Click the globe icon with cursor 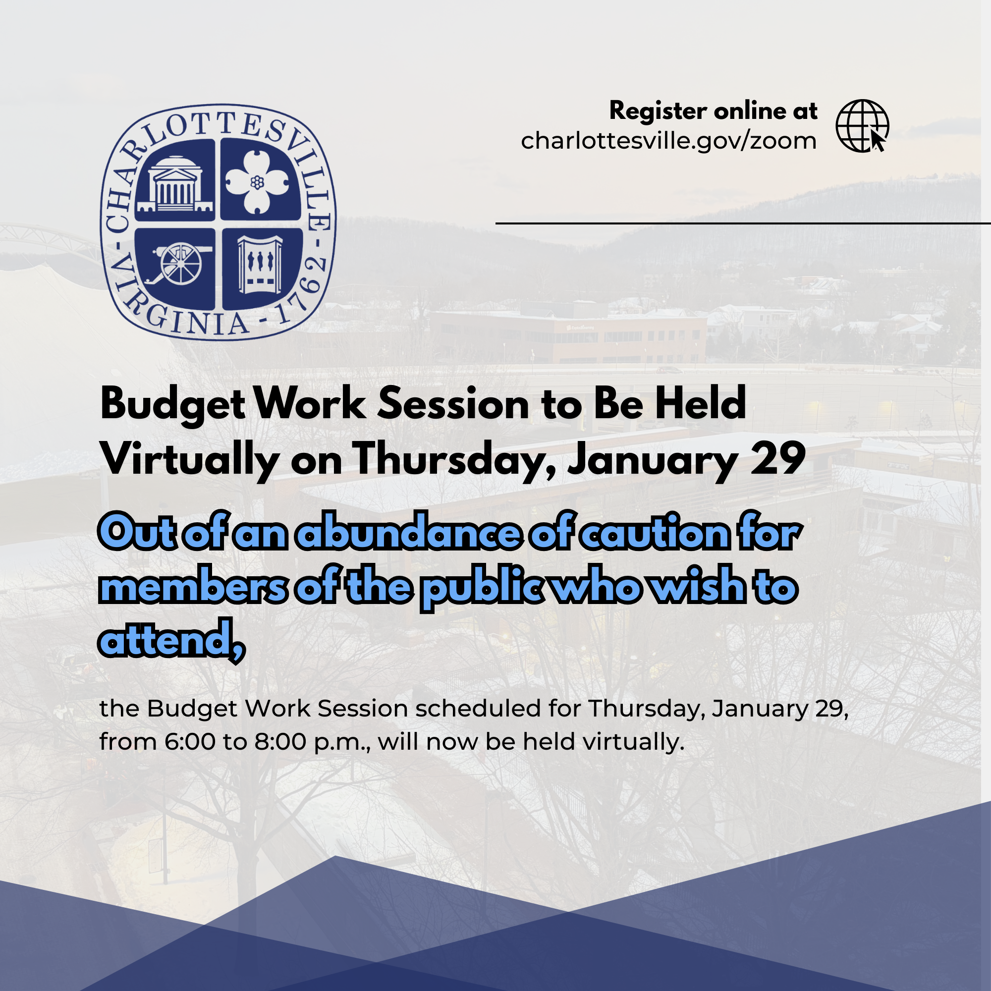[x=862, y=126]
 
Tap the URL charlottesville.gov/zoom [x=668, y=141]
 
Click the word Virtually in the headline [x=190, y=459]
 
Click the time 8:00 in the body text [x=280, y=742]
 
